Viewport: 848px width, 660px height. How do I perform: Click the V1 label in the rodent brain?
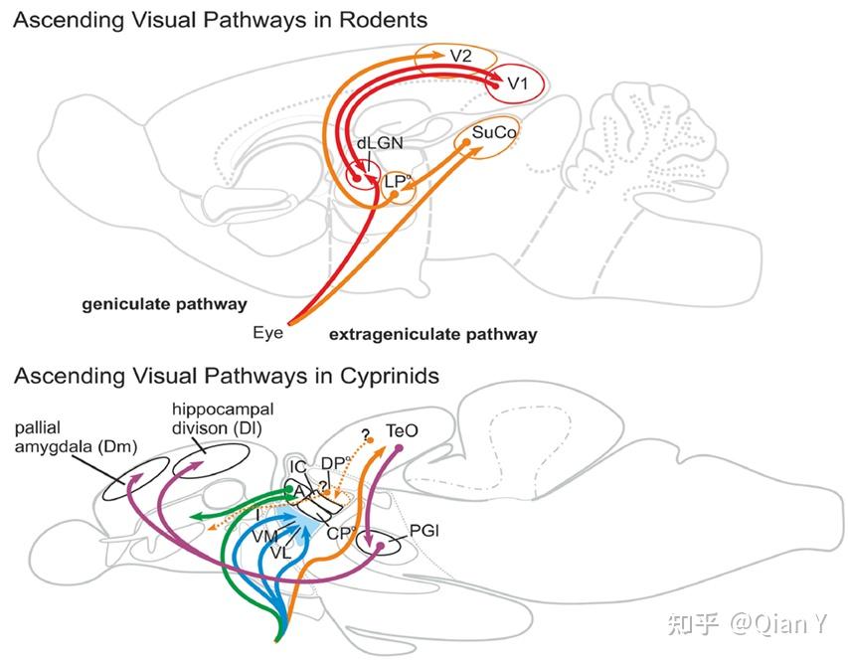[517, 84]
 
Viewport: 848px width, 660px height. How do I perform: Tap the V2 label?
[460, 56]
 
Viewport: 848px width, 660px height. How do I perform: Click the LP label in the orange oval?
[395, 181]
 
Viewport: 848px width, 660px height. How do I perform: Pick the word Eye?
[267, 333]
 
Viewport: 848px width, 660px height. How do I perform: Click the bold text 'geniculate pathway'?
[164, 304]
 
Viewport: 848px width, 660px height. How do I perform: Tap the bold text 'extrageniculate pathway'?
[432, 334]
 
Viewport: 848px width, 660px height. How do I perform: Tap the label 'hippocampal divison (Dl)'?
[208, 417]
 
